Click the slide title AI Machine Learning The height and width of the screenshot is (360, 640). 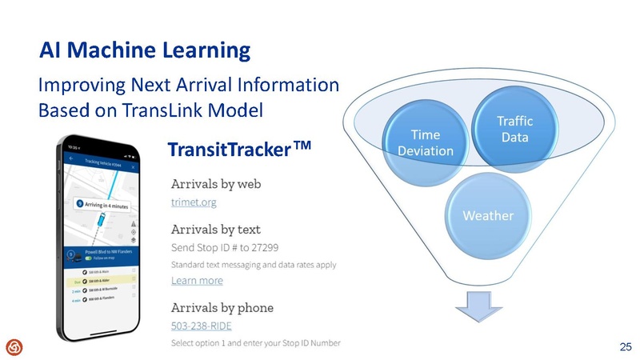(145, 51)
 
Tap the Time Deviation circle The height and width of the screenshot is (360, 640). (425, 143)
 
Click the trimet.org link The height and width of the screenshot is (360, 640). (194, 203)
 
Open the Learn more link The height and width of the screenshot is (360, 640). (197, 281)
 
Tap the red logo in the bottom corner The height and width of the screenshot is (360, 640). (14, 346)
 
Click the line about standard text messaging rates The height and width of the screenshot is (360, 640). (253, 264)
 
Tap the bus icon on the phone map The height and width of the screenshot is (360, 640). (102, 222)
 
